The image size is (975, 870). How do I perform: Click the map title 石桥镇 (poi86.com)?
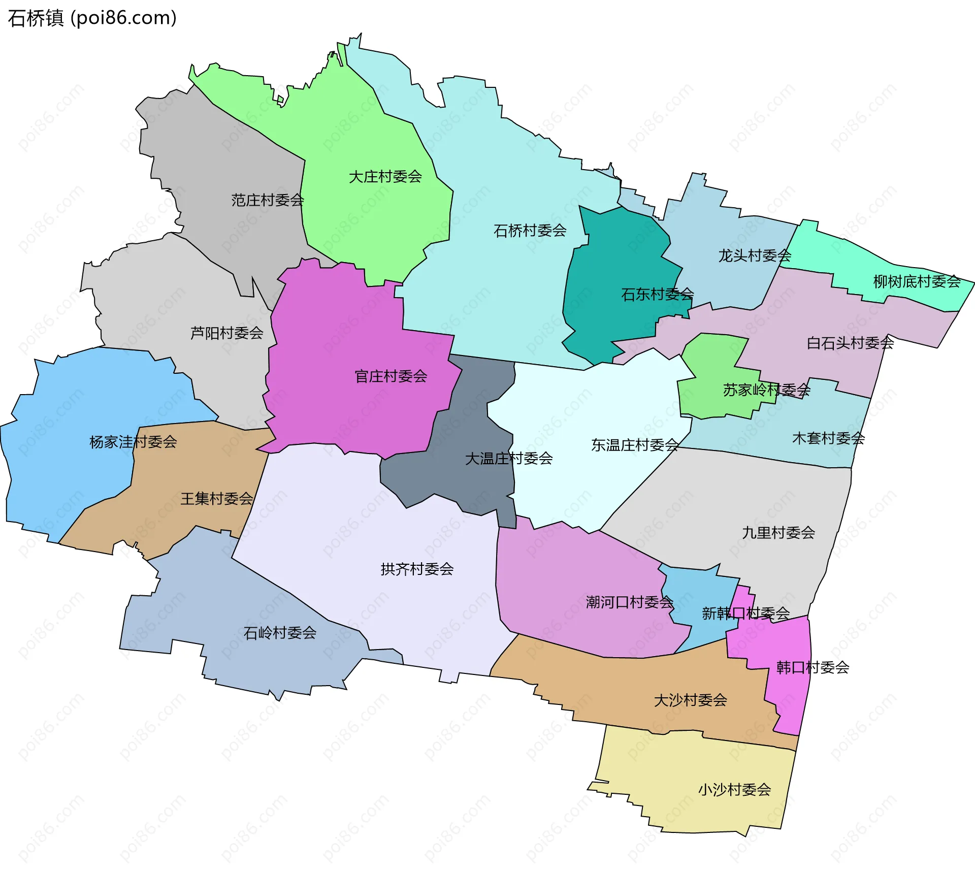point(92,18)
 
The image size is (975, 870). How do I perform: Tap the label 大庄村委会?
point(385,177)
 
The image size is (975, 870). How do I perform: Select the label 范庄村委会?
point(268,200)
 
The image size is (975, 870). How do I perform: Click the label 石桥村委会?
point(530,231)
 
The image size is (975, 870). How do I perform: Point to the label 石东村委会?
point(657,294)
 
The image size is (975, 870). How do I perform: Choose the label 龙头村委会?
point(755,255)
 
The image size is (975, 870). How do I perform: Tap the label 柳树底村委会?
point(917,281)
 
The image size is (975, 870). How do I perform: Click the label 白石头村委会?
point(850,343)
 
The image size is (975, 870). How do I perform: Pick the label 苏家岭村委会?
point(766,390)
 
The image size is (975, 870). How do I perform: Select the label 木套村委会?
point(828,438)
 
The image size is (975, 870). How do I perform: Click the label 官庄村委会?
point(391,376)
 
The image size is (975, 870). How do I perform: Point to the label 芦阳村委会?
point(226,333)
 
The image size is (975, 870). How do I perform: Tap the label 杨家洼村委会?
point(133,442)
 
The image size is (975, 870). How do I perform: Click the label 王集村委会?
point(217,499)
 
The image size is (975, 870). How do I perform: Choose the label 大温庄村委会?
point(509,459)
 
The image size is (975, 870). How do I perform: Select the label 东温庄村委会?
point(635,445)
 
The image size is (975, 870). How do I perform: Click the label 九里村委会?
point(778,533)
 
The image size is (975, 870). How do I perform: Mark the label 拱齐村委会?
point(417,569)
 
